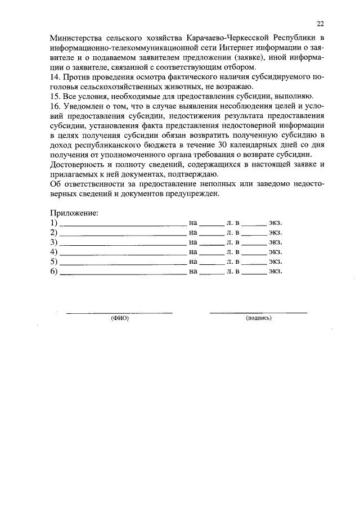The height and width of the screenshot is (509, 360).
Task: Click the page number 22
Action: [320, 24]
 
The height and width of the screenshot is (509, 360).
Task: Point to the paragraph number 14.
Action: [55, 77]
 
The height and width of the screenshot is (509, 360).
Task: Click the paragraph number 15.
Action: [55, 96]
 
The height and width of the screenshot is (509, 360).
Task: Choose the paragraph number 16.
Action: [55, 106]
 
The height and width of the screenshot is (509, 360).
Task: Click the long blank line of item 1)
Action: [123, 224]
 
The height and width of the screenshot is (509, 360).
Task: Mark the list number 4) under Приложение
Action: [54, 251]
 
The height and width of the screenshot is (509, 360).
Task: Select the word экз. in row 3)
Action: [275, 242]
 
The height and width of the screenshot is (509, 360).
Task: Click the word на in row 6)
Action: [193, 271]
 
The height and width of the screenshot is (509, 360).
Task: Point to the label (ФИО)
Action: [120, 318]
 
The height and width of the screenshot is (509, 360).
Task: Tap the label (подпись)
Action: [259, 318]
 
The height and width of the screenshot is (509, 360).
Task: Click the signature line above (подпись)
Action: [259, 312]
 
